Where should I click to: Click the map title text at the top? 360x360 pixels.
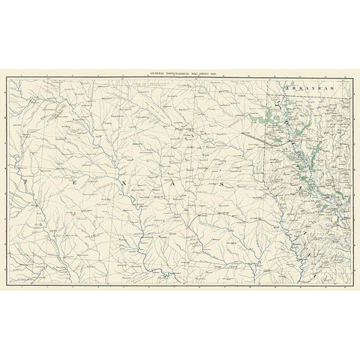[x=179, y=70]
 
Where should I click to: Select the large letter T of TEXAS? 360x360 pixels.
[x=25, y=181]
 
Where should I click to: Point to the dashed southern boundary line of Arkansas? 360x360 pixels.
[x=307, y=97]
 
